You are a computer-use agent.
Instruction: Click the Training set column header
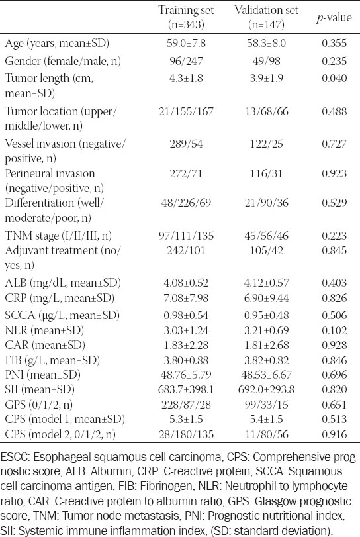[x=186, y=17]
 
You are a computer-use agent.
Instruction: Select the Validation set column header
[x=266, y=17]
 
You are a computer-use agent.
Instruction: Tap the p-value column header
[x=334, y=17]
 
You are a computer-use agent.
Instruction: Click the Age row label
[x=57, y=43]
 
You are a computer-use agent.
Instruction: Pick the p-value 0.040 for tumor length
[x=334, y=78]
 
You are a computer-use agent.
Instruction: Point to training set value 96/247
[x=186, y=61]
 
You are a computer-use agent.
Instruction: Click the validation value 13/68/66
[x=266, y=111]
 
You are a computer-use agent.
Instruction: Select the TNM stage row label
[x=58, y=236]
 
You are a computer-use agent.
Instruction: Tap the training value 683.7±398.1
[x=186, y=389]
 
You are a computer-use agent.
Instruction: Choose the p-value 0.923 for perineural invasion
[x=334, y=173]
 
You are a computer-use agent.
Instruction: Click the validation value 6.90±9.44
[x=266, y=298]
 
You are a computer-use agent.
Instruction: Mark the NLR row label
[x=44, y=330]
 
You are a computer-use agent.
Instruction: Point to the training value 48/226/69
[x=186, y=203]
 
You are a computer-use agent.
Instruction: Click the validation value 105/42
[x=266, y=250]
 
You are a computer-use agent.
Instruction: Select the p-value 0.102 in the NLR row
[x=334, y=330]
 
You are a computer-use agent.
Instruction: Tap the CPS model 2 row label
[x=60, y=434]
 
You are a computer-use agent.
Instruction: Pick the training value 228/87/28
[x=186, y=405]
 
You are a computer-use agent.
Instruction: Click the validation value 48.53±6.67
[x=266, y=375]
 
